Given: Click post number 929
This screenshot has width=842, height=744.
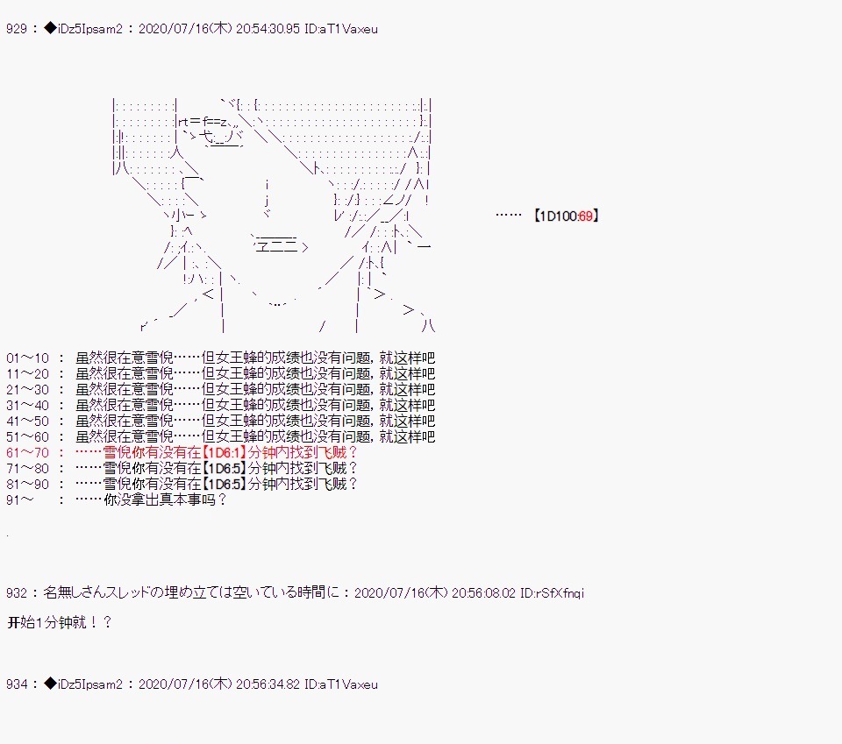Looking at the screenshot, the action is point(16,29).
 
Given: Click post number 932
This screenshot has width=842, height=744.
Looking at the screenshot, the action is point(16,592).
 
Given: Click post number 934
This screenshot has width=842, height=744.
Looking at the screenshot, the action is point(16,684).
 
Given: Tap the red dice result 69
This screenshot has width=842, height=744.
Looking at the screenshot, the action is point(585,216).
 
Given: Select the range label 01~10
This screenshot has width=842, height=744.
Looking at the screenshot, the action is point(27,358).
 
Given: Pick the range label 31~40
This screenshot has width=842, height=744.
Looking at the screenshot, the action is point(27,405).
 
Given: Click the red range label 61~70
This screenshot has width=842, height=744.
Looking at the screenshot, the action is point(27,452).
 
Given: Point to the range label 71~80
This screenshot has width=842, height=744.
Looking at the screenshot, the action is point(27,468).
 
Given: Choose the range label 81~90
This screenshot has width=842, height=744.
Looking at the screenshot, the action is point(27,484).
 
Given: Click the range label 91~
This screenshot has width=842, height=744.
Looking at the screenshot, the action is point(20,500).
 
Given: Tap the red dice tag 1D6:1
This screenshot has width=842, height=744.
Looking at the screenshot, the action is point(224,452).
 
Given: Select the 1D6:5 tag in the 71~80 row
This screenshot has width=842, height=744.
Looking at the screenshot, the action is point(224,468).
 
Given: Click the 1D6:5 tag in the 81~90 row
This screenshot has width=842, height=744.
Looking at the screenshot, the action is point(224,484).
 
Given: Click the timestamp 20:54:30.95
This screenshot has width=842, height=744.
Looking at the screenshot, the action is point(268,29).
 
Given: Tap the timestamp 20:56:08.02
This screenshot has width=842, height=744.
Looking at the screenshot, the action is point(483,592).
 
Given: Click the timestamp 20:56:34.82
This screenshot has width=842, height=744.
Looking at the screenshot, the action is point(268,684).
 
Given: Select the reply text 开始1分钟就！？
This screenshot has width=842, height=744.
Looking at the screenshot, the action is point(60,622).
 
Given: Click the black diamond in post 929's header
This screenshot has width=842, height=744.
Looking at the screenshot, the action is point(50,28).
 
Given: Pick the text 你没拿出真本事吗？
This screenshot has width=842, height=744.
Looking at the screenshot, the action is point(166,500).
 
